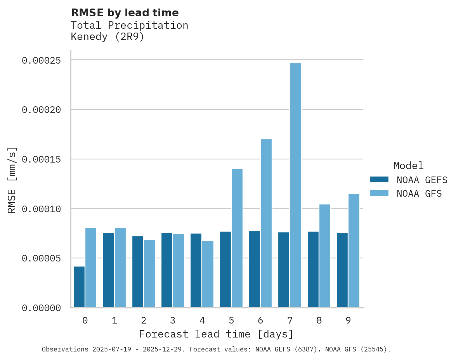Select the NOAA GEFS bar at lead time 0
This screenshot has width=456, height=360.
pyautogui.click(x=79, y=287)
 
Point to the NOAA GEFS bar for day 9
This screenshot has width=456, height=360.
pyautogui.click(x=342, y=270)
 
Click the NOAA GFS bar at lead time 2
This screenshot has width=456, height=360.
pyautogui.click(x=149, y=274)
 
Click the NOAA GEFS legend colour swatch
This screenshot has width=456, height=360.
pyautogui.click(x=379, y=180)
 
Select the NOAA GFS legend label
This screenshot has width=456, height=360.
pyautogui.click(x=419, y=194)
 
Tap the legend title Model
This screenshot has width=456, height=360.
pyautogui.click(x=408, y=166)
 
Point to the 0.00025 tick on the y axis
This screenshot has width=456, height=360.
pyautogui.click(x=42, y=61)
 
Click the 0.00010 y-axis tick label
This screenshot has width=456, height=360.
pyautogui.click(x=42, y=209)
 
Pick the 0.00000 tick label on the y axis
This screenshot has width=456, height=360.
pyautogui.click(x=42, y=308)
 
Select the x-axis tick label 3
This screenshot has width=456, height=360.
pyautogui.click(x=173, y=321)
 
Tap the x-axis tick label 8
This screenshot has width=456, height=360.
pyautogui.click(x=319, y=321)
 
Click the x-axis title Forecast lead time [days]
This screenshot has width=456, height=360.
pyautogui.click(x=216, y=334)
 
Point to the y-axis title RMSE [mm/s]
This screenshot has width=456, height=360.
pyautogui.click(x=12, y=180)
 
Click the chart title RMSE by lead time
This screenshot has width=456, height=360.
pyautogui.click(x=125, y=13)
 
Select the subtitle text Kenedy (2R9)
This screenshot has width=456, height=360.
pyautogui.click(x=107, y=37)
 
